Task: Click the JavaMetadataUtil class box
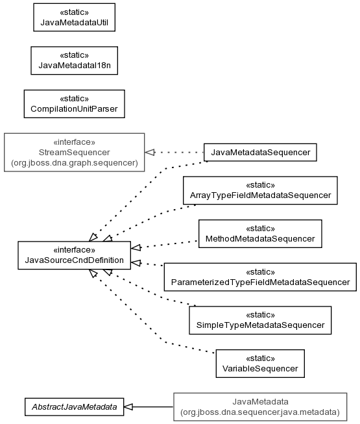point(74,18)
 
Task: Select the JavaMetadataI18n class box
point(74,60)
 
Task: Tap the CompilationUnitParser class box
point(74,104)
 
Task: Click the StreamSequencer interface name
point(74,152)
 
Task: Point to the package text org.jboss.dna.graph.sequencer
point(74,163)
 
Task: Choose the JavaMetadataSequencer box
point(260,153)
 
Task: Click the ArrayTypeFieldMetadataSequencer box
point(260,190)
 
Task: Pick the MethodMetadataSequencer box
point(260,234)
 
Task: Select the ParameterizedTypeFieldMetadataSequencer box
point(260,277)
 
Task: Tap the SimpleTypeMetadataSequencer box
point(260,320)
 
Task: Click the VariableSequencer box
point(260,364)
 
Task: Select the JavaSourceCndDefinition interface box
point(74,255)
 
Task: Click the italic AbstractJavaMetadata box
point(74,406)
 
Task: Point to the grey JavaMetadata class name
point(260,401)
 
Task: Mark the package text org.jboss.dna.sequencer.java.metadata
point(260,412)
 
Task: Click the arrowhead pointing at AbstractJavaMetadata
point(128,406)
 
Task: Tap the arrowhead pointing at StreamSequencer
point(150,152)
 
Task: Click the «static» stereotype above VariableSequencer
point(260,358)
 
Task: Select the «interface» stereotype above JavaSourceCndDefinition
point(74,249)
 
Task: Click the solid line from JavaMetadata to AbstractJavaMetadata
point(153,406)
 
